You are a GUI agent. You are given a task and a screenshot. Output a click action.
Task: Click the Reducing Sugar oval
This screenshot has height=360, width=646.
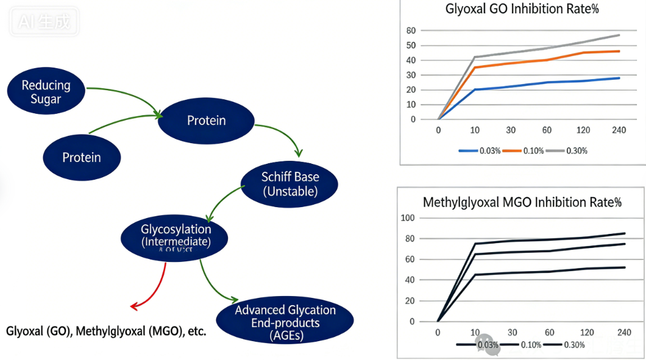pos(46,91)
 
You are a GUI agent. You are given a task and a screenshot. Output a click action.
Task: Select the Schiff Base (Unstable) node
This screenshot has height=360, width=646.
pos(289,184)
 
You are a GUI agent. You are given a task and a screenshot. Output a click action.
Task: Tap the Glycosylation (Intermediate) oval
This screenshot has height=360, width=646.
pos(176,236)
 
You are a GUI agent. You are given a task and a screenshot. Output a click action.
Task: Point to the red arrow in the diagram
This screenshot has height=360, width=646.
pos(155,286)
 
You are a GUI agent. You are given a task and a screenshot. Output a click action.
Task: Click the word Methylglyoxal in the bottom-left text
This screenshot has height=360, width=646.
pos(110,331)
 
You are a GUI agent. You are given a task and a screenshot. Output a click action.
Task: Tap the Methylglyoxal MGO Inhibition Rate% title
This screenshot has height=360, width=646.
pos(522,202)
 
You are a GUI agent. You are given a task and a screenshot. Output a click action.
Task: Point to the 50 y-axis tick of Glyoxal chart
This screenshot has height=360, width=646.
pos(411,46)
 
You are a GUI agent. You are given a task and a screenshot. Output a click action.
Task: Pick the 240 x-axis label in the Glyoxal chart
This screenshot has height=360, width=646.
pos(619,130)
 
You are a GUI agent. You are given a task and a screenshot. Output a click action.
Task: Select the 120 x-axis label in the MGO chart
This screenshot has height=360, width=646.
pos(586,332)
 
